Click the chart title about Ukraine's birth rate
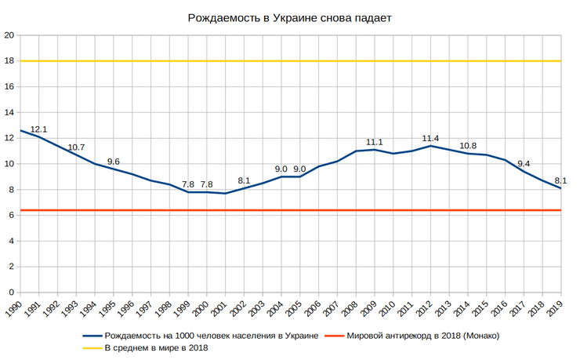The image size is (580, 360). (x=290, y=17)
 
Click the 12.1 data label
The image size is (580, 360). (x=39, y=129)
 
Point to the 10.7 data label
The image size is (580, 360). (x=76, y=147)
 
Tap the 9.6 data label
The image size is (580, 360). (x=114, y=162)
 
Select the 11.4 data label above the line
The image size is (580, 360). (x=430, y=139)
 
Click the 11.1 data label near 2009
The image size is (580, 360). (x=375, y=142)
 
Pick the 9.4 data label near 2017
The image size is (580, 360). (x=523, y=164)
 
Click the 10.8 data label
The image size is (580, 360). (x=468, y=146)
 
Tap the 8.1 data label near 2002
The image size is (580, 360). (x=244, y=181)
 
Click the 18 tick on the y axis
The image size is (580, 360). (x=9, y=61)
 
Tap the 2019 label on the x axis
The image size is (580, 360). (x=555, y=307)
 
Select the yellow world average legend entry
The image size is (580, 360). (x=157, y=348)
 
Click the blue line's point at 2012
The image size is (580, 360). (x=430, y=146)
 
